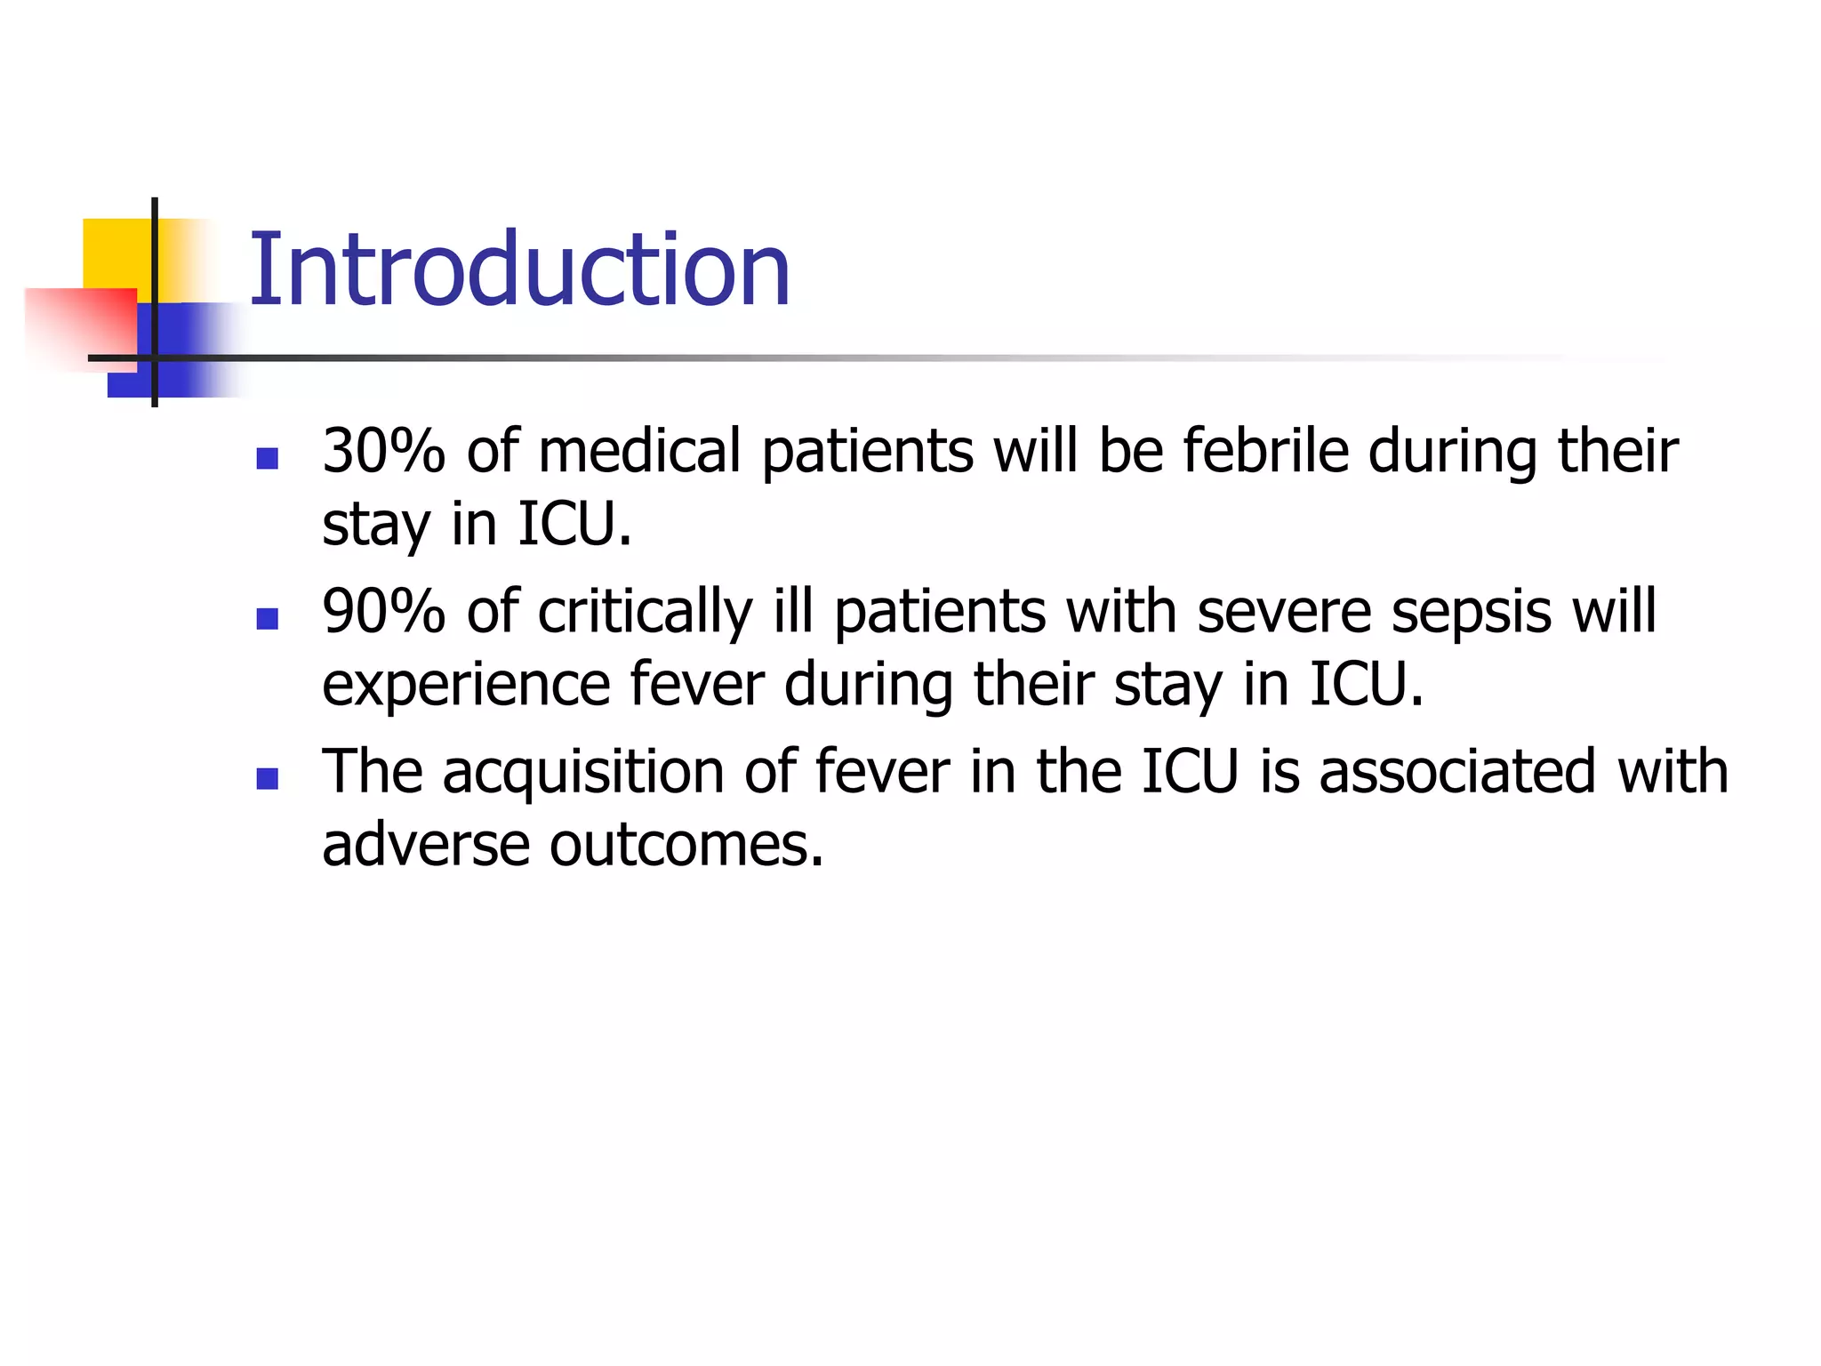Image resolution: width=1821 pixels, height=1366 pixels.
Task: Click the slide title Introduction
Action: pos(519,269)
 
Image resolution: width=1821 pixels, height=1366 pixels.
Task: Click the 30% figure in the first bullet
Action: pos(383,451)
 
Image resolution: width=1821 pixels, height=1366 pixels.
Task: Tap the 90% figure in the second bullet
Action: pos(383,612)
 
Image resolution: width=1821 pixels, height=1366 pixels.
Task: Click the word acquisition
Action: pos(583,772)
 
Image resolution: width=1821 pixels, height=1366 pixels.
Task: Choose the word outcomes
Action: pos(686,844)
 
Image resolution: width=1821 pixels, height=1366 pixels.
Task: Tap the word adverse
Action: pos(426,844)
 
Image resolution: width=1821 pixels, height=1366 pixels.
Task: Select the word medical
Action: pos(639,451)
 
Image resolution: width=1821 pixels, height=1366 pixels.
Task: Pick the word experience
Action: pos(465,686)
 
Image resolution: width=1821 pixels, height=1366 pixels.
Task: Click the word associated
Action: pos(1457,772)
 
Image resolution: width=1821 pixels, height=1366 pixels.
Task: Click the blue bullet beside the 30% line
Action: pos(267,458)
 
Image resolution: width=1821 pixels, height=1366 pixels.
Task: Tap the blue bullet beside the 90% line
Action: pos(267,618)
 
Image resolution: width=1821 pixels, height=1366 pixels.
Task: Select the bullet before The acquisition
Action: pos(267,779)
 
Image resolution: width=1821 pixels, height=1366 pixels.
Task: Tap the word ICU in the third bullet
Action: pos(1190,772)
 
